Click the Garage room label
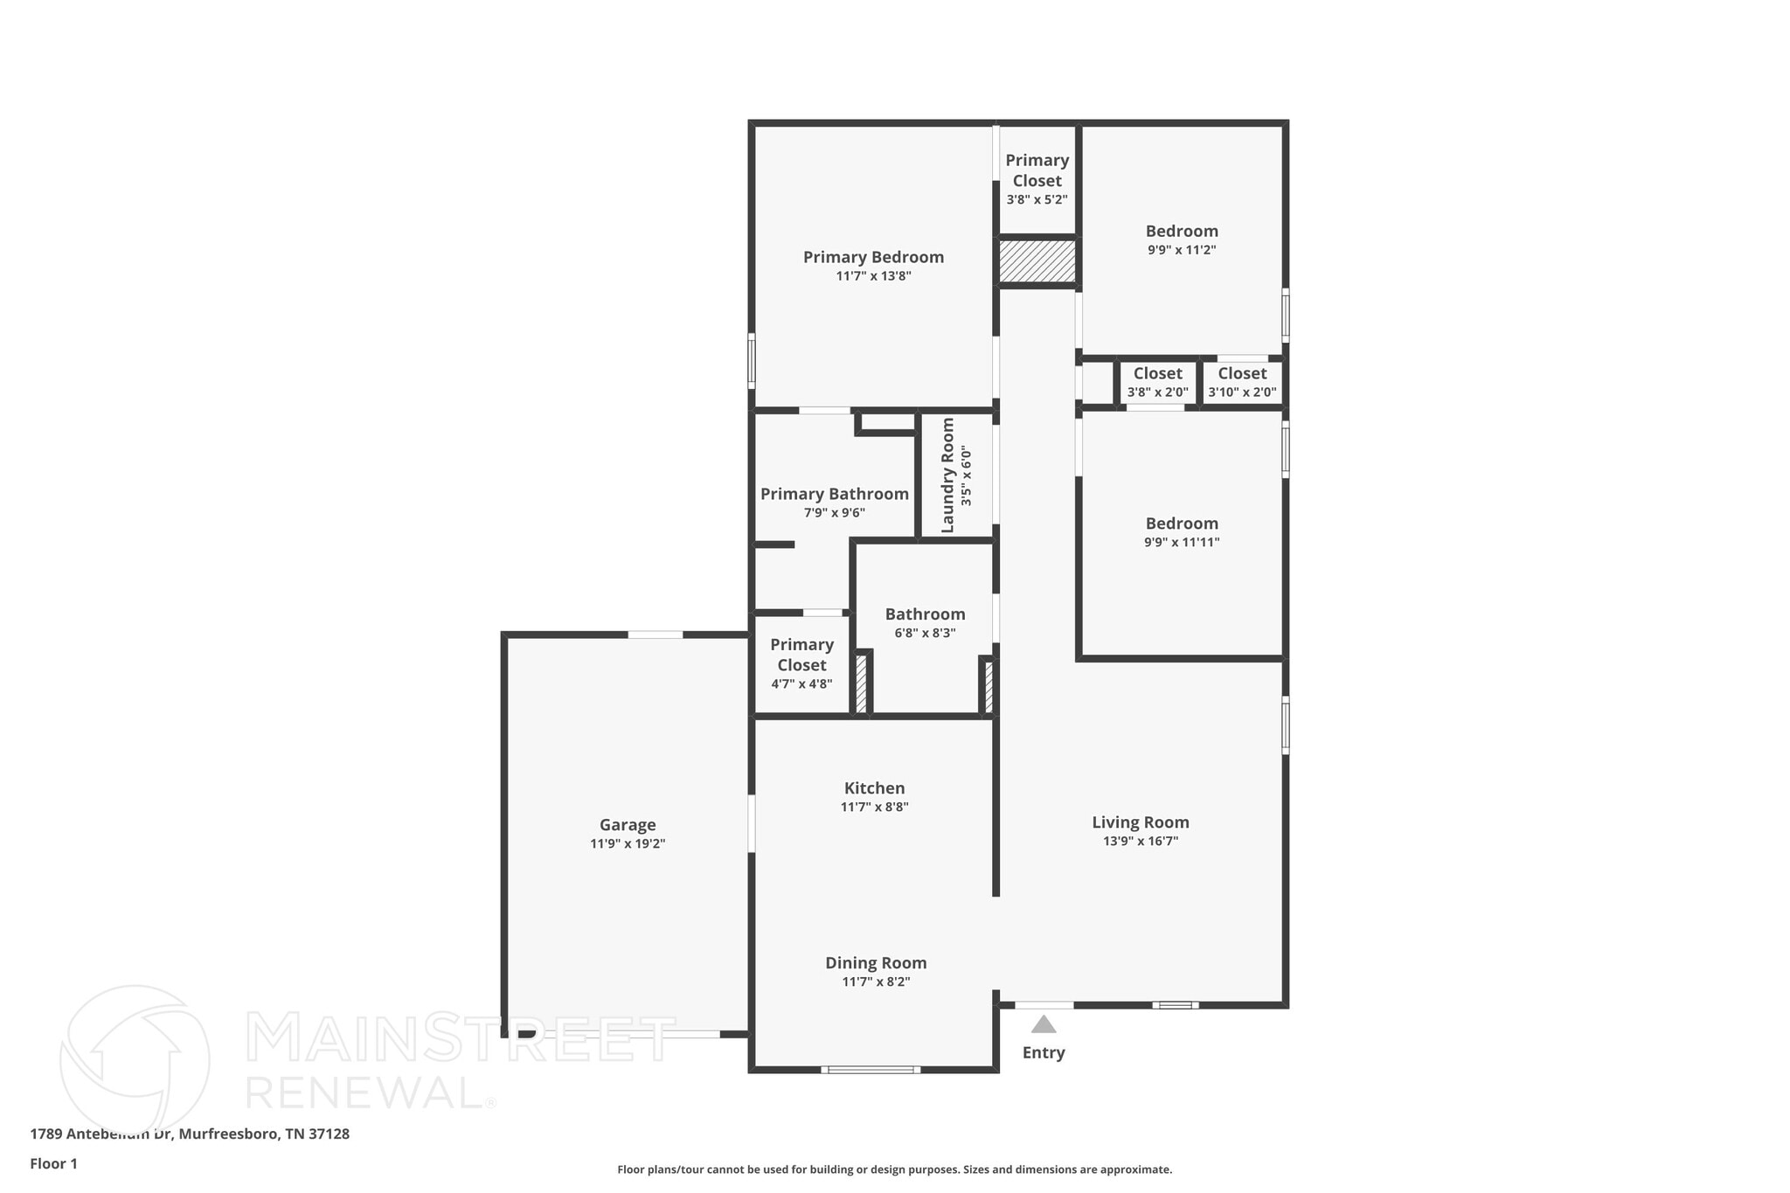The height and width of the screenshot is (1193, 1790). (x=627, y=824)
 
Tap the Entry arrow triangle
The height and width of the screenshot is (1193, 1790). (x=1043, y=1024)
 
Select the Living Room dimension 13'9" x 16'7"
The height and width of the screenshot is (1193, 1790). (x=1140, y=842)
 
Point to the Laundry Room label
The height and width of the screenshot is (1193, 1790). (x=947, y=475)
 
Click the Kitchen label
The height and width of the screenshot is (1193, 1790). (x=874, y=787)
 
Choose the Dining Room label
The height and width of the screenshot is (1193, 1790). (x=876, y=962)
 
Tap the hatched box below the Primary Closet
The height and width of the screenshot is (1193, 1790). (x=1037, y=261)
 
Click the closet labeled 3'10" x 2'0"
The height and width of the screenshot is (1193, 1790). (x=1242, y=382)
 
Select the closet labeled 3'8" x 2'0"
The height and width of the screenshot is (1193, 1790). (x=1157, y=382)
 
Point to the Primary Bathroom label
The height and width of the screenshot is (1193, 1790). (x=834, y=494)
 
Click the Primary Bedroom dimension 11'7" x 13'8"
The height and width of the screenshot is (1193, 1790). (x=873, y=276)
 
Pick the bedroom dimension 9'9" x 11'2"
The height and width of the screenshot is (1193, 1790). (x=1182, y=250)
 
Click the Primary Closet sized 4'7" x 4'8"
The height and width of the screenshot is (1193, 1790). (x=801, y=663)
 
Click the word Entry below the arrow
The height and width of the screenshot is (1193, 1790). (x=1044, y=1052)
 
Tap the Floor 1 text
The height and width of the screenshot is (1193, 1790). (x=53, y=1163)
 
